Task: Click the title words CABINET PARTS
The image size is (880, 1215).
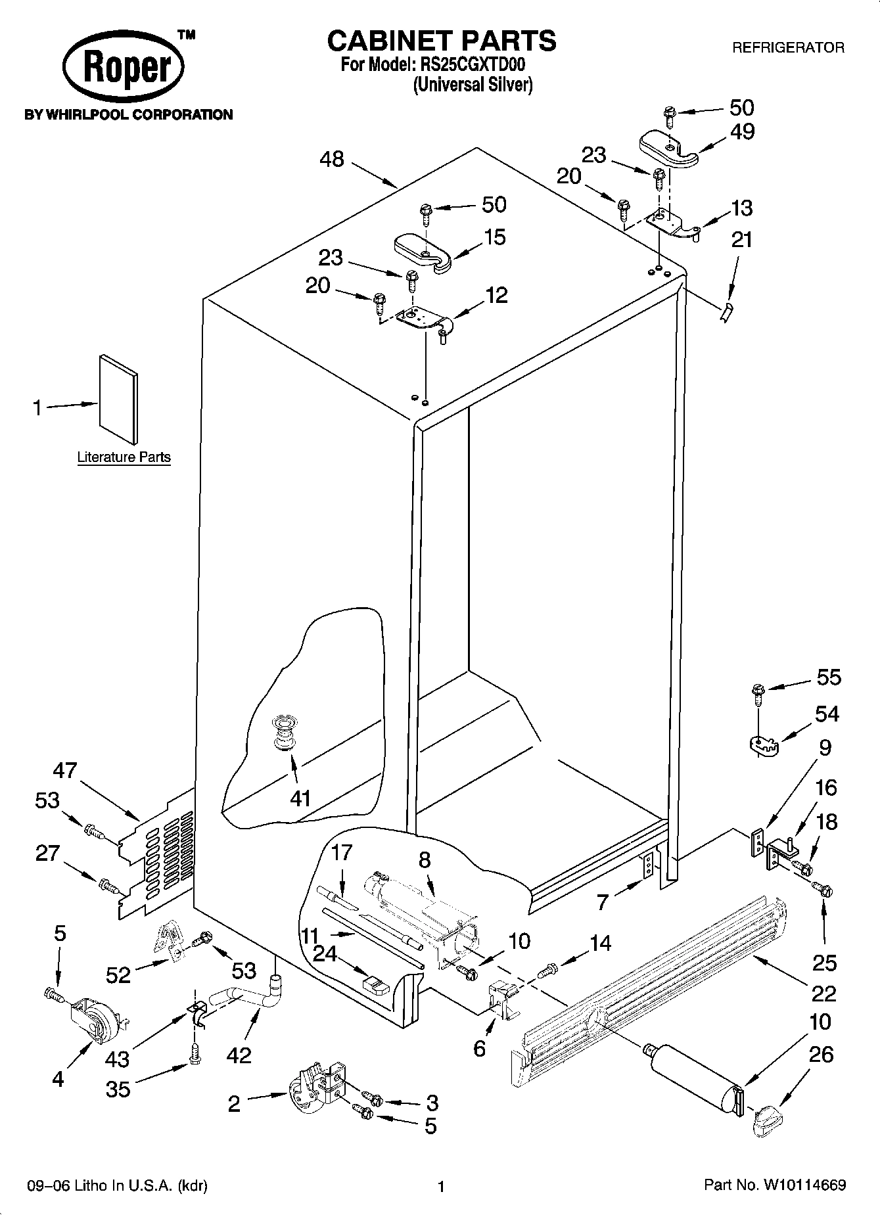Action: (x=442, y=41)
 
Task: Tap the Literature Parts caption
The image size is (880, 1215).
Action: (x=124, y=457)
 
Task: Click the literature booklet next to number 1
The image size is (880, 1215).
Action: (x=119, y=398)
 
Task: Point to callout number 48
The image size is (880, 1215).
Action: (x=333, y=159)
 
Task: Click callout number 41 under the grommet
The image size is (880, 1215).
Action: (x=300, y=798)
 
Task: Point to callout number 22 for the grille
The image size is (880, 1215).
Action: (x=823, y=992)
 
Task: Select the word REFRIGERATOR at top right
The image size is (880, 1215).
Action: (x=788, y=47)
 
